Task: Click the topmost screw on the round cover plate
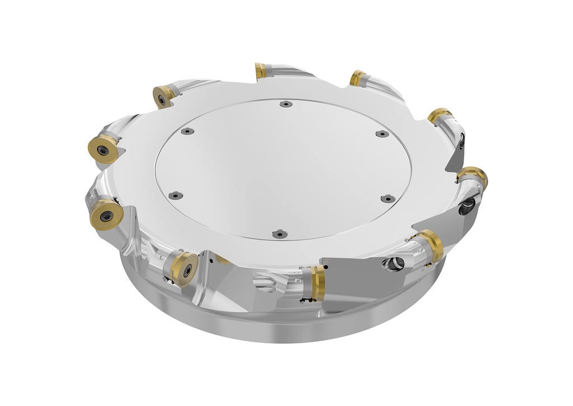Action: (x=285, y=103)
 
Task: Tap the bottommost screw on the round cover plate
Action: (x=276, y=234)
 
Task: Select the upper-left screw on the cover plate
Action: (x=187, y=131)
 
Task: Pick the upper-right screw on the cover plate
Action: (x=382, y=134)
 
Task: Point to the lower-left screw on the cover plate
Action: (x=176, y=195)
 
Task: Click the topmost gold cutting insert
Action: (x=261, y=71)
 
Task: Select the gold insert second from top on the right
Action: (x=440, y=116)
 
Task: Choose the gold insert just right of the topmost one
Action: (x=358, y=78)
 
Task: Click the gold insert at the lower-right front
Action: (x=431, y=246)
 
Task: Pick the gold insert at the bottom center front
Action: (x=317, y=283)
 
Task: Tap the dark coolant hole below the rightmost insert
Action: (x=466, y=208)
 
